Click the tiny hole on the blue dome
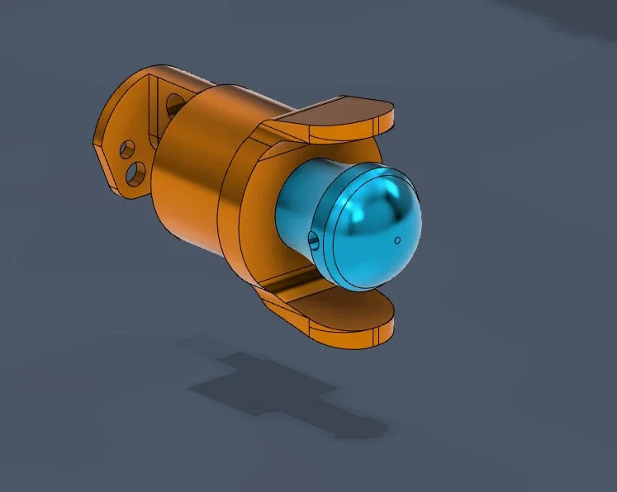[397, 240]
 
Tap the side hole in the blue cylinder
[312, 239]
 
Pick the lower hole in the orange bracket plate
[136, 173]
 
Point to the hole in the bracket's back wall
[175, 105]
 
